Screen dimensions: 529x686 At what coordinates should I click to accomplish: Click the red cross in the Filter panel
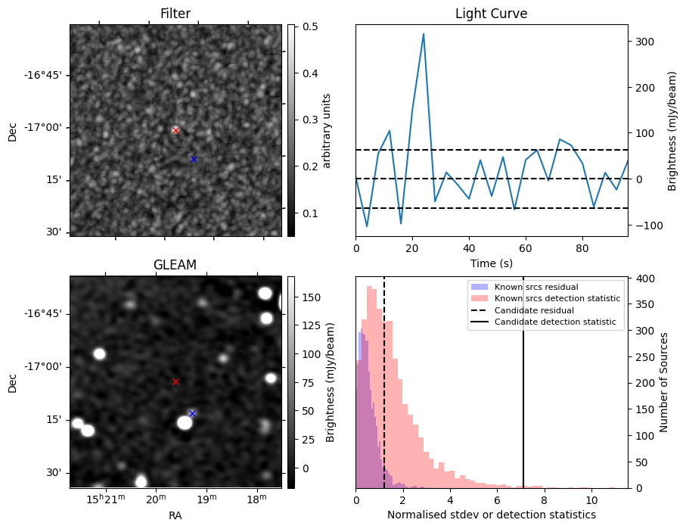[175, 130]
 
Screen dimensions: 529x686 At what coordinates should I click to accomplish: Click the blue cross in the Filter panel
[194, 159]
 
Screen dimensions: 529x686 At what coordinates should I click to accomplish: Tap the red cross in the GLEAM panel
[175, 381]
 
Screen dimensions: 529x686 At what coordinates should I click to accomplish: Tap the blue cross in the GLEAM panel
[192, 413]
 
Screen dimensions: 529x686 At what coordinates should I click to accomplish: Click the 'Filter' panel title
[175, 14]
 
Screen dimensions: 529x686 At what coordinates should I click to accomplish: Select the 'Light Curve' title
[491, 14]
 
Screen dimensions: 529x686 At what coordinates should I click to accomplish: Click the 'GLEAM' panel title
[175, 265]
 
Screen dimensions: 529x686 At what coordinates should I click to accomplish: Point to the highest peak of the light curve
[424, 34]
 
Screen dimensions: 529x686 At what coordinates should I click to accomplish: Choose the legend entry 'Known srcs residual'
[535, 287]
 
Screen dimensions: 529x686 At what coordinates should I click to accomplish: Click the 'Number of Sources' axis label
[663, 382]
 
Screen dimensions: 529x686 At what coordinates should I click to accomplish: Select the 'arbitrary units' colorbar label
[327, 130]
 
